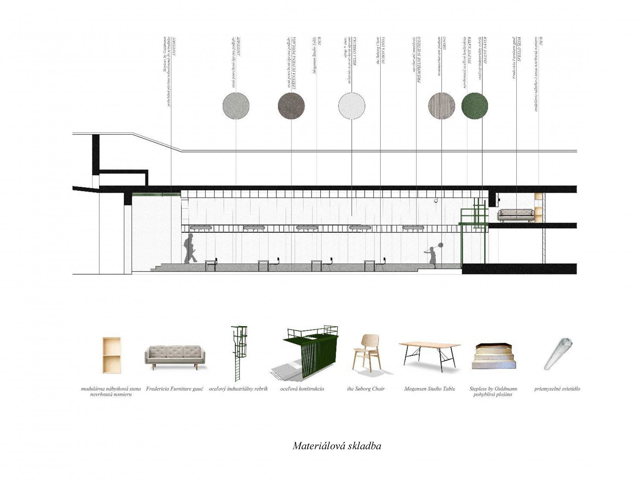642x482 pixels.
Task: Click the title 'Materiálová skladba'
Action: (x=337, y=446)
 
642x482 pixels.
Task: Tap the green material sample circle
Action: (x=474, y=105)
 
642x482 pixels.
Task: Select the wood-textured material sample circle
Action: (x=442, y=105)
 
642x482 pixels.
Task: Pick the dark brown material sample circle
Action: (x=291, y=105)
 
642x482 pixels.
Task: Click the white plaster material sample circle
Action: (x=352, y=105)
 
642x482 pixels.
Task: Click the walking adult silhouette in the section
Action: (x=190, y=249)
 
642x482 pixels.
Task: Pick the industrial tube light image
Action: (x=558, y=354)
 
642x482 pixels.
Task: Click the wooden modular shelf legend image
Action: (x=111, y=355)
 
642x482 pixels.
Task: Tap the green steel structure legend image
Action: (x=306, y=354)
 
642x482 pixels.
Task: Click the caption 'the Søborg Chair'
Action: (x=366, y=389)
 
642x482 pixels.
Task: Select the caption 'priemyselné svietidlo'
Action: (x=557, y=389)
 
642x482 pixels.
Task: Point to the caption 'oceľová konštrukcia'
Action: (x=302, y=389)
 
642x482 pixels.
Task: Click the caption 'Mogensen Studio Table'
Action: (x=429, y=389)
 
